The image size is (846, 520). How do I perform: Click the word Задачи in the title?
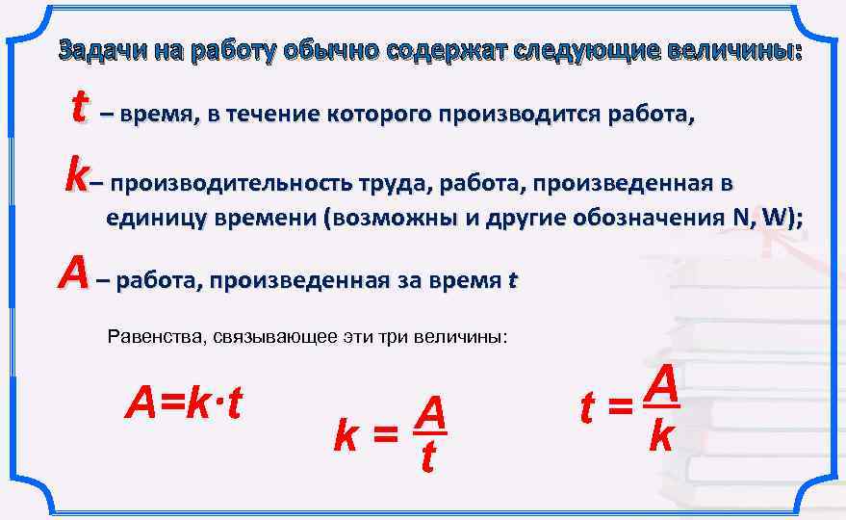tap(100, 52)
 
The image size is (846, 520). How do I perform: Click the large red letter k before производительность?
tap(78, 175)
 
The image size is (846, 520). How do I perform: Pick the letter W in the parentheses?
tap(774, 218)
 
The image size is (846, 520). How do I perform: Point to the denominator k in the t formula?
tap(660, 435)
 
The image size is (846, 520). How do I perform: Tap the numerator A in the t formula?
tap(662, 386)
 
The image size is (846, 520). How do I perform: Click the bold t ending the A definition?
tap(512, 281)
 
